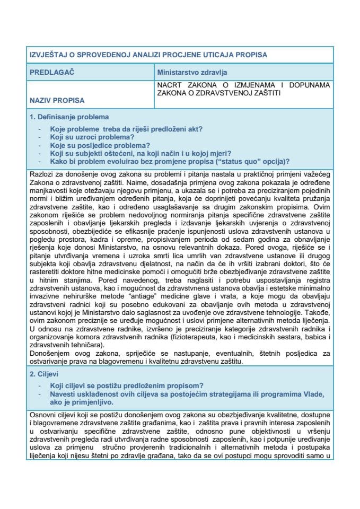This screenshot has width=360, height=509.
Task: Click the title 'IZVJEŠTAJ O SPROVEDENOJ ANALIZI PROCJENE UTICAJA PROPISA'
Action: click(x=148, y=55)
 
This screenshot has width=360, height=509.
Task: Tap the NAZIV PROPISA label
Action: click(x=57, y=99)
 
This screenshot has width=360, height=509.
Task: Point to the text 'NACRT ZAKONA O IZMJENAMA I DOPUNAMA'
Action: click(x=243, y=85)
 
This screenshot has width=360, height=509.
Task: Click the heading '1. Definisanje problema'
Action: click(x=69, y=117)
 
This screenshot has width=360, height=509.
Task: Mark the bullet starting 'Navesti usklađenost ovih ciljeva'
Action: click(x=186, y=393)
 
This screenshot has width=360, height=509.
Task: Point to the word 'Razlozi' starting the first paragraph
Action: click(x=39, y=174)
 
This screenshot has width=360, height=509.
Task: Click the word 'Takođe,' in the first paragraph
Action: click(x=320, y=311)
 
